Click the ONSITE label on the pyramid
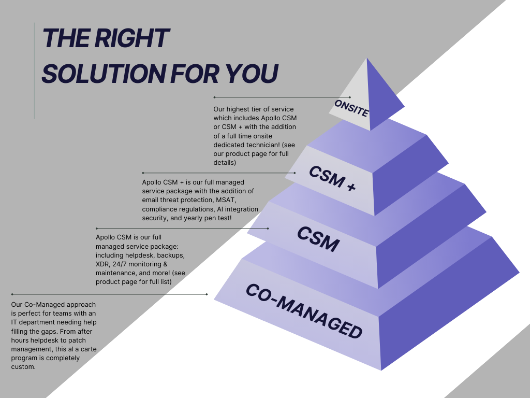tap(351, 108)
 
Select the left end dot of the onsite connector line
tap(214, 97)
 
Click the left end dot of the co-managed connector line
tap(12, 294)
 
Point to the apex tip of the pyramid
tap(367, 58)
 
